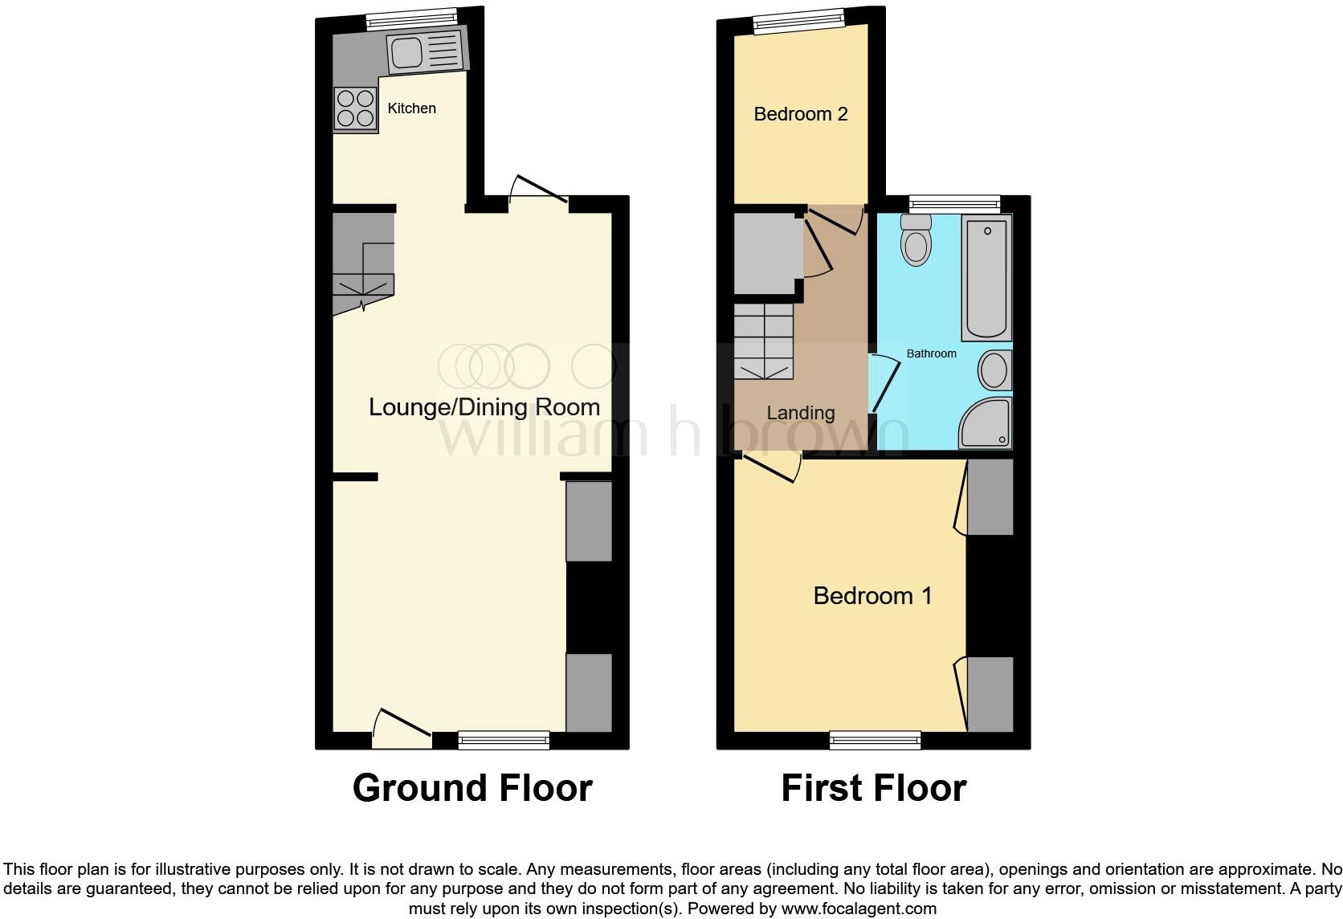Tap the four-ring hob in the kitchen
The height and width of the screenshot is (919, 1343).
(355, 108)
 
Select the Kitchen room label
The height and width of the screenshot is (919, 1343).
(411, 108)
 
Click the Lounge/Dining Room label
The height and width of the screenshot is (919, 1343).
(484, 407)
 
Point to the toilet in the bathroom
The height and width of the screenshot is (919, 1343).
(915, 240)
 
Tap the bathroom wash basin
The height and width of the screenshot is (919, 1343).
(994, 371)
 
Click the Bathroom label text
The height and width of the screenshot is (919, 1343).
(931, 353)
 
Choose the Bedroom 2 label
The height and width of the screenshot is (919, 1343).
(800, 114)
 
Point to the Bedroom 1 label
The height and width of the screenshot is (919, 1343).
(872, 596)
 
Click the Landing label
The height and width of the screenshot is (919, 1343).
(800, 413)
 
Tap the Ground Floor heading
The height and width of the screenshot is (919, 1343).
(472, 788)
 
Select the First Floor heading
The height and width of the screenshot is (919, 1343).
(873, 788)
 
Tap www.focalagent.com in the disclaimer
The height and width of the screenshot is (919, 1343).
(859, 909)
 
